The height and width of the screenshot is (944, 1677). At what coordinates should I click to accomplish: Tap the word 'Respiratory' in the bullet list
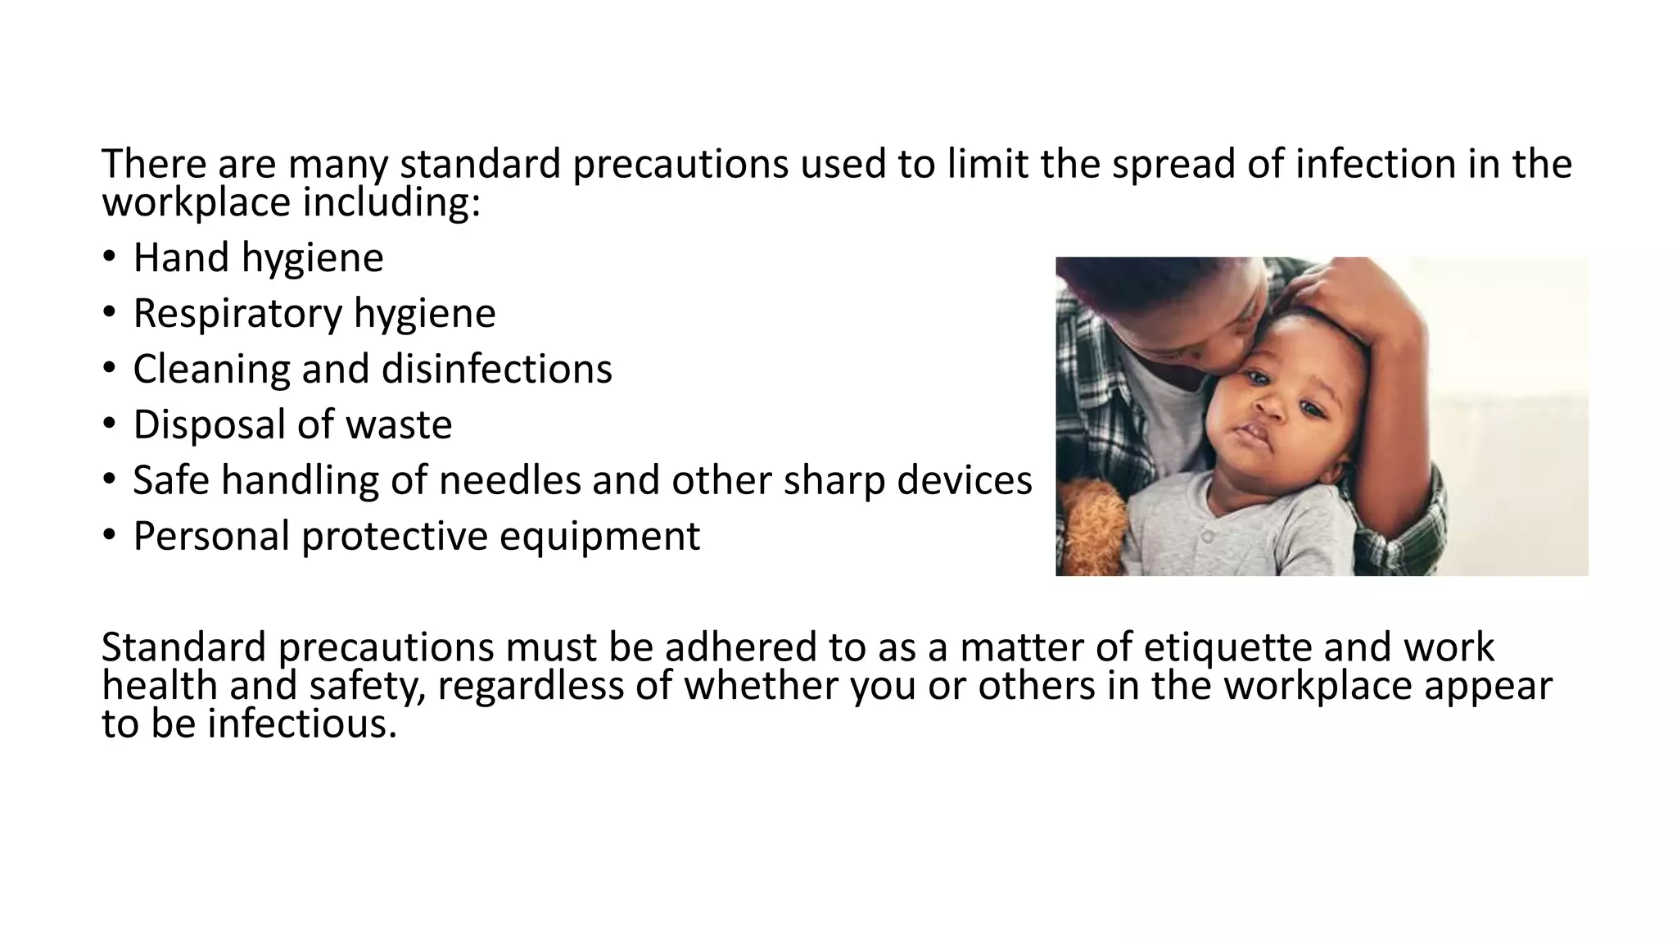pos(237,313)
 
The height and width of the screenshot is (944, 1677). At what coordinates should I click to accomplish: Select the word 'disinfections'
pos(497,369)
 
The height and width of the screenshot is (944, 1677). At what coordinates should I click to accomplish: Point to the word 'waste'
pos(399,424)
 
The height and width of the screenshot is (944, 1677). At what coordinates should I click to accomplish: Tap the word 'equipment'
pos(599,536)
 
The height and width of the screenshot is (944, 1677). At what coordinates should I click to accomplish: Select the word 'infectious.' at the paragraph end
pos(302,724)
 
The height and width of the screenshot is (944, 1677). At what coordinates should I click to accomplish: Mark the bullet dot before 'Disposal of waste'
pos(110,424)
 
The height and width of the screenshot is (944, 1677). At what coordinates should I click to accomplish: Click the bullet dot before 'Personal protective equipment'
pos(110,536)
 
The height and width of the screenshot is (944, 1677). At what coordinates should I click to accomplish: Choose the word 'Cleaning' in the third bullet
pos(211,369)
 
